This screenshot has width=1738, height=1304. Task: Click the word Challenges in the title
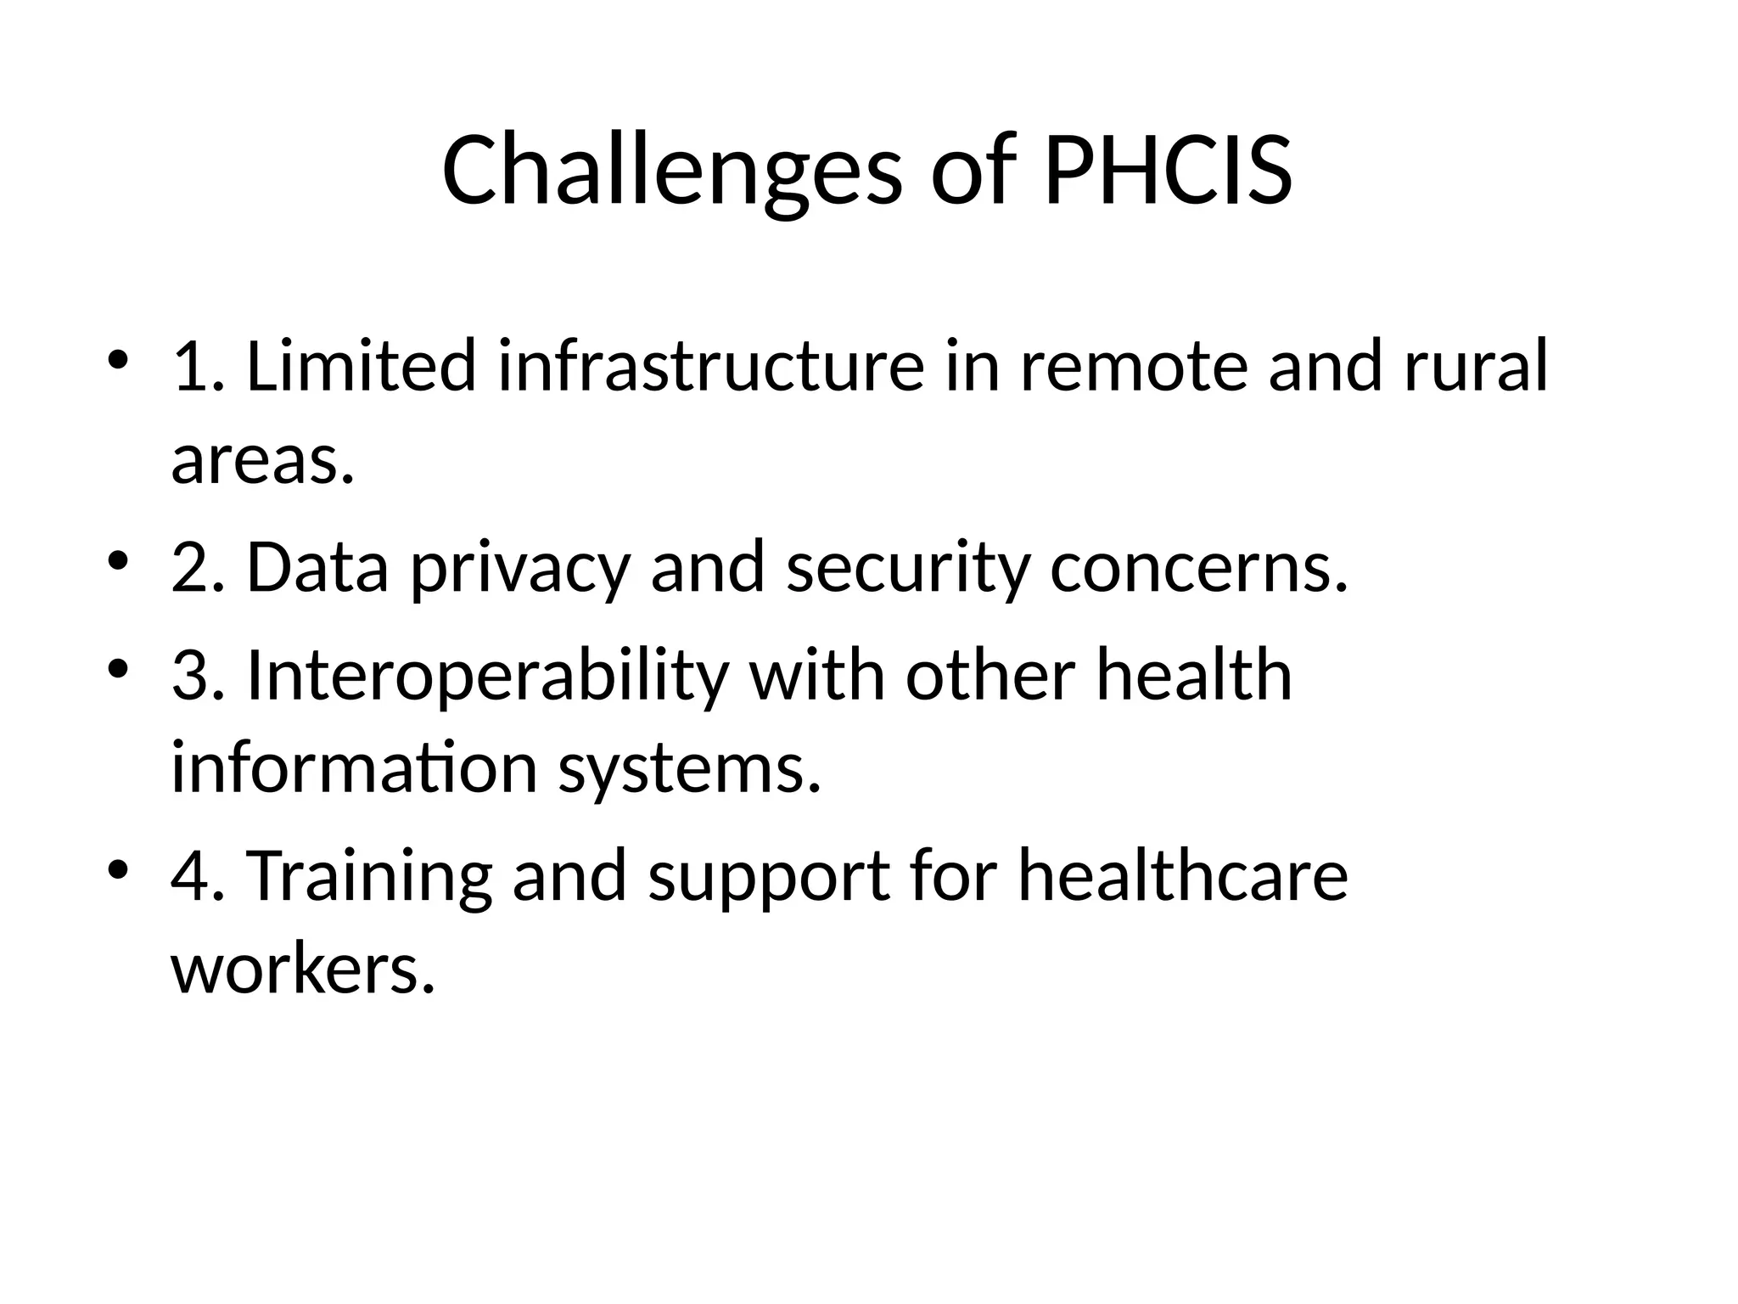pos(671,172)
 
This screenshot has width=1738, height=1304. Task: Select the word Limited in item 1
pos(362,366)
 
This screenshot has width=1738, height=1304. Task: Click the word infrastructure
pos(710,366)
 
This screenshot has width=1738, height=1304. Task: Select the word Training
pos(369,876)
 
